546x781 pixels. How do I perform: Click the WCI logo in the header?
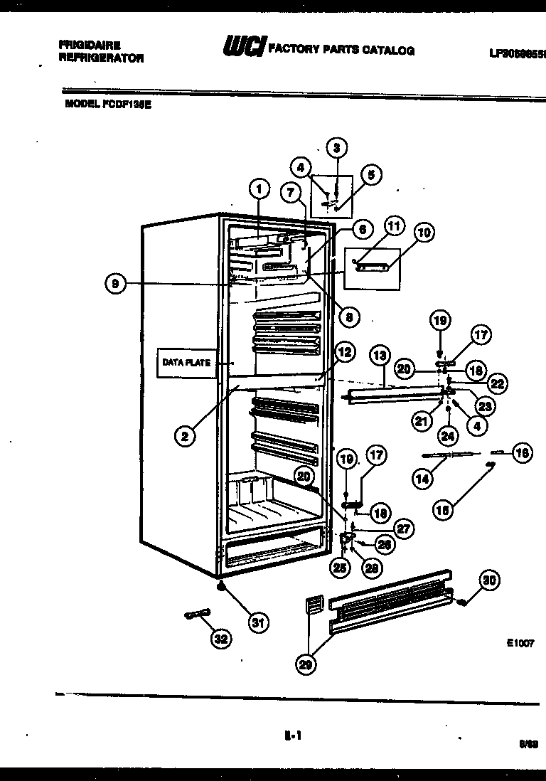click(244, 48)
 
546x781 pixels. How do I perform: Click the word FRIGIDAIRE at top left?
click(89, 45)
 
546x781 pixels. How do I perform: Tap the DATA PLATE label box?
click(187, 363)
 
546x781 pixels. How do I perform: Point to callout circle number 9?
click(114, 284)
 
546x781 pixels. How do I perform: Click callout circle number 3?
click(336, 148)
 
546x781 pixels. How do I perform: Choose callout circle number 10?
click(424, 233)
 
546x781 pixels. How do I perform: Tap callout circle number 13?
click(380, 354)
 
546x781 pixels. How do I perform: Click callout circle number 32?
click(221, 639)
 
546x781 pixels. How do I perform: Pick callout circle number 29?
click(306, 664)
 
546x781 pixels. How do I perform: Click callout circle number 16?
click(523, 453)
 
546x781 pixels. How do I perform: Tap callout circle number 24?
click(447, 435)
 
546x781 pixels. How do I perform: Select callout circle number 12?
click(345, 351)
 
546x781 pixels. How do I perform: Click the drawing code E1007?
click(520, 642)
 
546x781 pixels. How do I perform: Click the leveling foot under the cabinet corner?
click(221, 588)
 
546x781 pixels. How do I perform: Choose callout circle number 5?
click(370, 175)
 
